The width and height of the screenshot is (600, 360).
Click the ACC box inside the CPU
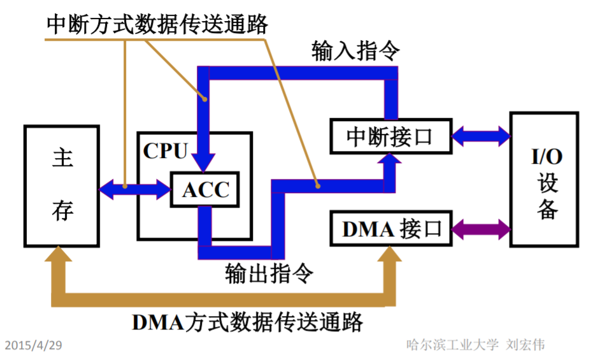pyautogui.click(x=205, y=189)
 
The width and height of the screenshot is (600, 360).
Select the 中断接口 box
pyautogui.click(x=390, y=135)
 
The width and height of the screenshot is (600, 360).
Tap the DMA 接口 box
pyautogui.click(x=390, y=228)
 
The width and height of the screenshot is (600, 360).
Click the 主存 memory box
pyautogui.click(x=62, y=185)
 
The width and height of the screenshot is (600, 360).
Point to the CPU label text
pyautogui.click(x=165, y=151)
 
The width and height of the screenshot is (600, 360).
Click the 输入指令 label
pyautogui.click(x=355, y=51)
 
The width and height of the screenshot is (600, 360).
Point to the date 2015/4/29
pyautogui.click(x=33, y=345)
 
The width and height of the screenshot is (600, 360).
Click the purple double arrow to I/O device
pyautogui.click(x=481, y=228)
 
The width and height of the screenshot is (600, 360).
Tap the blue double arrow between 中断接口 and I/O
pyautogui.click(x=481, y=135)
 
